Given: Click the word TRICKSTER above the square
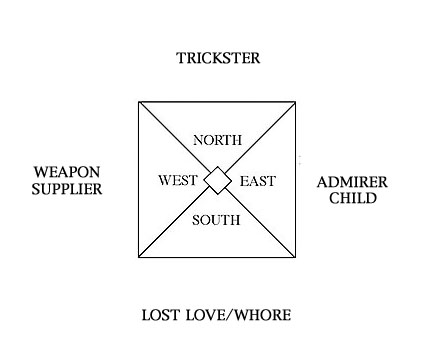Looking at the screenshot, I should click(x=217, y=58).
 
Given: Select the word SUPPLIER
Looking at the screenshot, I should click(x=67, y=188).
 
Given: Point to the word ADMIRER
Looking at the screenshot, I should click(x=346, y=181).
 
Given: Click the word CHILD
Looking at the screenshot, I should click(x=346, y=198).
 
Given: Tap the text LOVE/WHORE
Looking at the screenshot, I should click(x=241, y=316).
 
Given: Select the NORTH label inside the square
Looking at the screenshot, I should click(x=218, y=139).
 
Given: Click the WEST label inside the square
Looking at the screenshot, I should click(x=179, y=181).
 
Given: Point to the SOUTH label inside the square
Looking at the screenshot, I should click(x=217, y=219).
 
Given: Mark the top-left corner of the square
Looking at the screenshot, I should click(x=139, y=102).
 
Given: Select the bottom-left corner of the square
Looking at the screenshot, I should click(x=139, y=258).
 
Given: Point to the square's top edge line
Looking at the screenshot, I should click(x=218, y=102).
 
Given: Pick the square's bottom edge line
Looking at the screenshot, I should click(x=218, y=258).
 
